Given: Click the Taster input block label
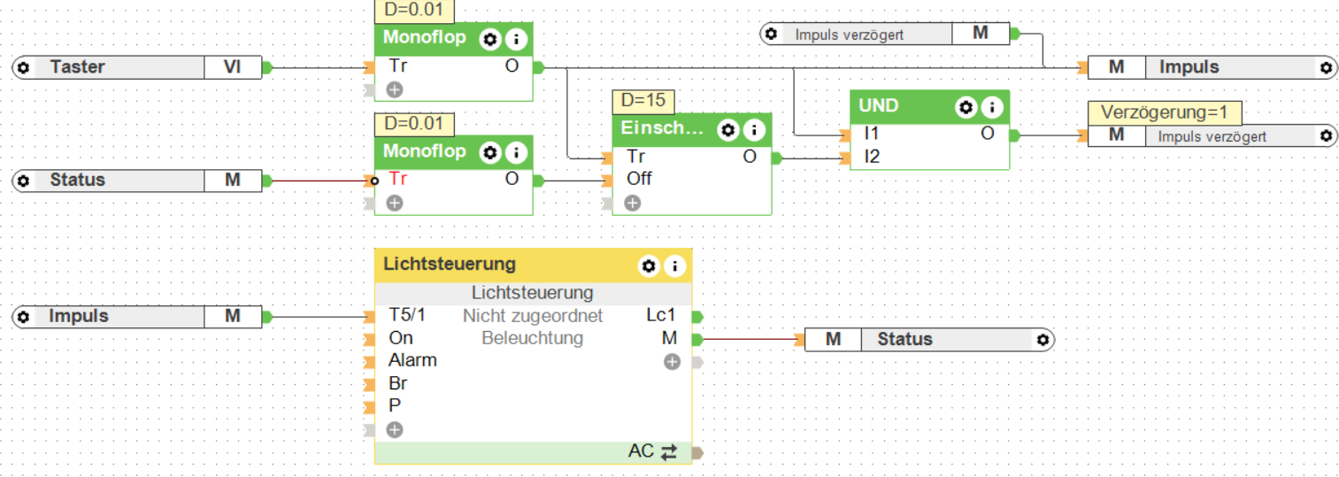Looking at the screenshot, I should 78,67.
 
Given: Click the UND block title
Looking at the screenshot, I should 879,106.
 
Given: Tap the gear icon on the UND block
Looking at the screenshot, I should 966,107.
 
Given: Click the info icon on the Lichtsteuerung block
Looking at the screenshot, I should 675,265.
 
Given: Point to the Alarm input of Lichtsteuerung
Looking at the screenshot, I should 412,360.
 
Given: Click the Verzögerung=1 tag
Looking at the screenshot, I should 1164,112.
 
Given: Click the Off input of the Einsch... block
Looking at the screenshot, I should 639,179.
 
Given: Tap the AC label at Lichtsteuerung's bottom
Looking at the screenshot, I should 641,451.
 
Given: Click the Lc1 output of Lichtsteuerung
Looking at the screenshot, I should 661,316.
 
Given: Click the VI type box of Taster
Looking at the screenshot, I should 233,67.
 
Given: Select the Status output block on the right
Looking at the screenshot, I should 929,340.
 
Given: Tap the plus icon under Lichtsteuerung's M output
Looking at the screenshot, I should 672,361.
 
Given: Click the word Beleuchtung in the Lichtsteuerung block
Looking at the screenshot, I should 532,338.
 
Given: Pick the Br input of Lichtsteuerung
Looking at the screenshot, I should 397,383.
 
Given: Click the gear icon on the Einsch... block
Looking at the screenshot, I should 727,130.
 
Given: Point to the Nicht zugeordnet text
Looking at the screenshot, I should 532,316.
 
